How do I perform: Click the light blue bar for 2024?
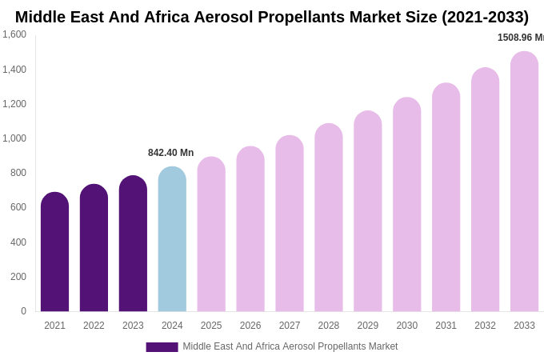(172, 240)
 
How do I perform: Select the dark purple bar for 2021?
(54, 252)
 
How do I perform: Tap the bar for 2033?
(524, 182)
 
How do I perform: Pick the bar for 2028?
(329, 218)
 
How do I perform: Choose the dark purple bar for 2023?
(133, 244)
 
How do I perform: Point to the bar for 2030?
(406, 205)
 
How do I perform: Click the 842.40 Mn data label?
(170, 153)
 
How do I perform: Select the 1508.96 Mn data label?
(520, 38)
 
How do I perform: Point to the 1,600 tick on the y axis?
(14, 34)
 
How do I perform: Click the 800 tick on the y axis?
(18, 173)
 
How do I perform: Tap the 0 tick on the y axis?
(23, 311)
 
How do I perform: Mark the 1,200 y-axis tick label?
(14, 104)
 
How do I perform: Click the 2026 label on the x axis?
(250, 326)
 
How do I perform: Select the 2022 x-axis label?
(94, 326)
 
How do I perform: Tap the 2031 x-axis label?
(446, 326)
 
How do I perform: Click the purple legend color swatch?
(162, 347)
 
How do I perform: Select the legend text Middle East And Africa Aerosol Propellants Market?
(290, 346)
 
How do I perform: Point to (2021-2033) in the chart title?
(485, 17)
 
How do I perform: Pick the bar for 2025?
(211, 234)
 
